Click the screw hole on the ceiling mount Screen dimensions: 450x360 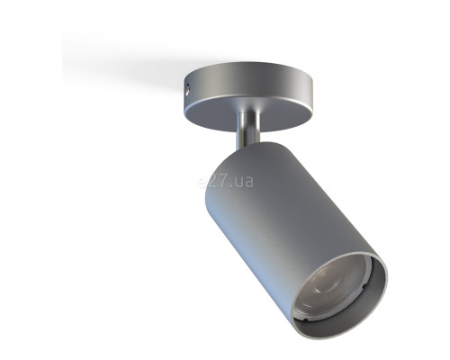187,89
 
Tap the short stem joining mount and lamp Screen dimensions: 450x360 248,130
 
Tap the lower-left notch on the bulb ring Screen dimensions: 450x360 305,321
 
